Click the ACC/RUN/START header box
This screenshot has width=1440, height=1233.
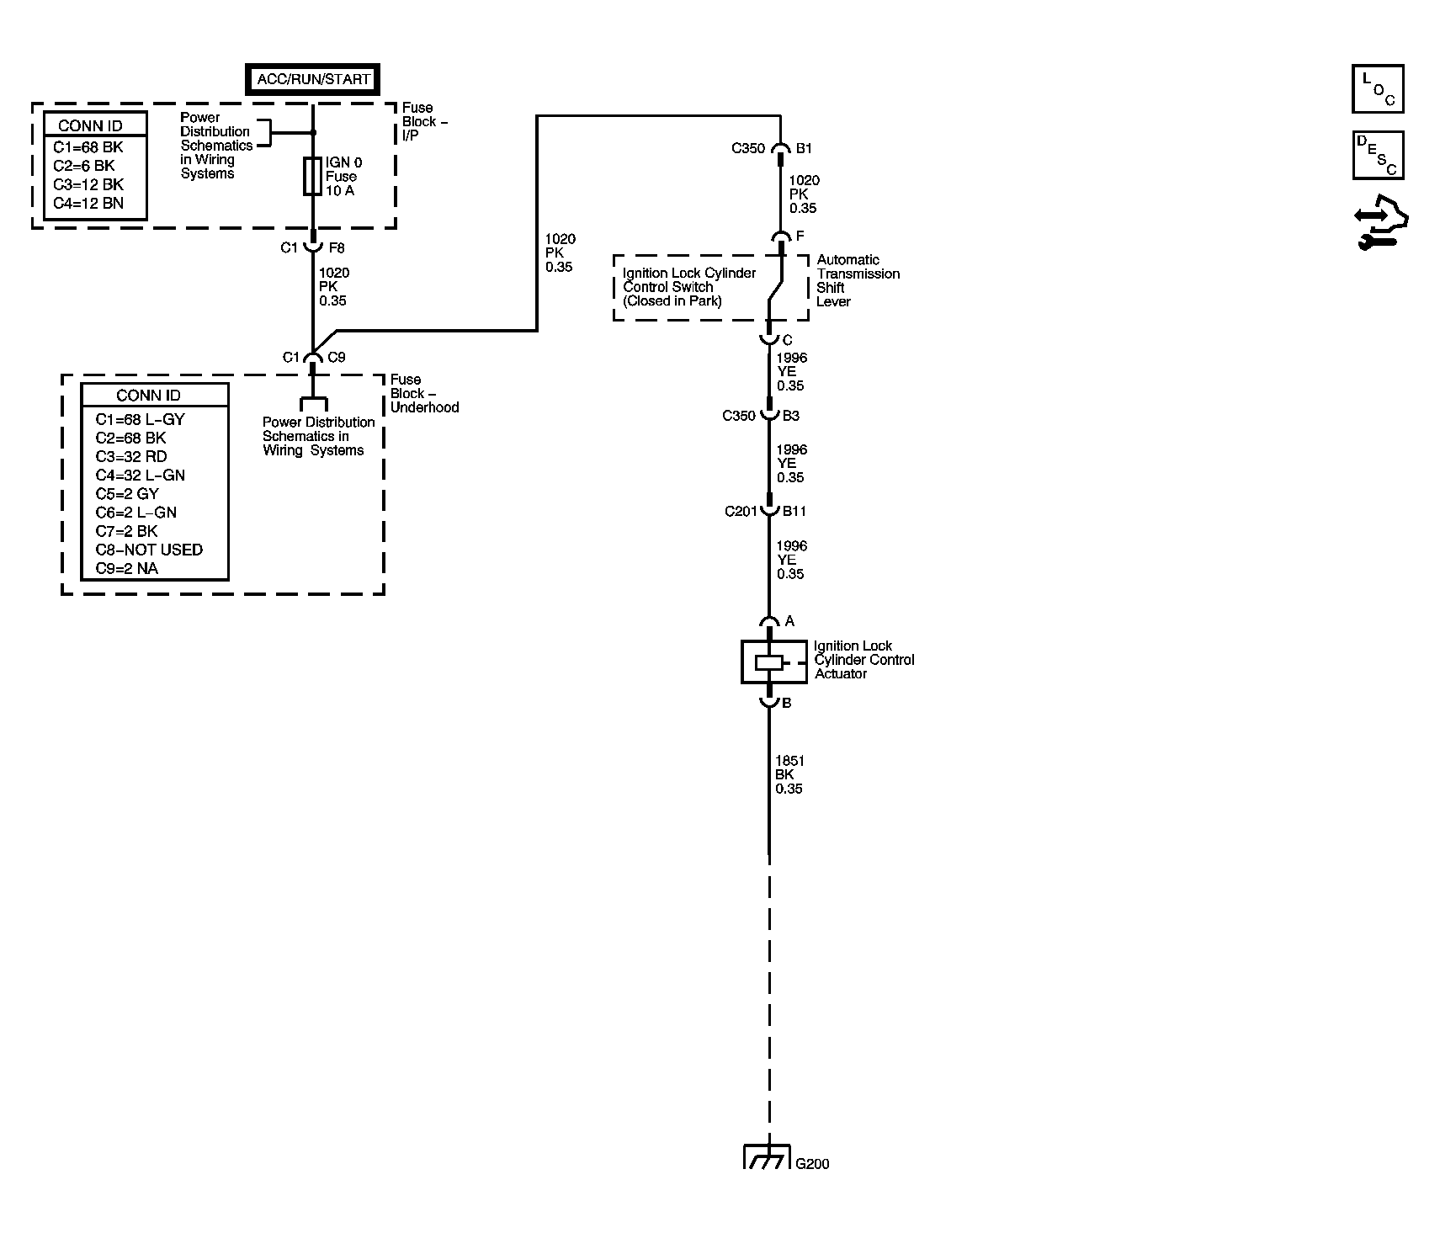[312, 79]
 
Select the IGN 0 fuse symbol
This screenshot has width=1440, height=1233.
[312, 176]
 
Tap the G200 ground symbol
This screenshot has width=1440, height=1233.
[768, 1156]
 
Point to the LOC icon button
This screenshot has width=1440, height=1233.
[1378, 88]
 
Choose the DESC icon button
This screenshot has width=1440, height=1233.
[1378, 155]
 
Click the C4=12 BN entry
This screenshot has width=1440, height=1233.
[88, 203]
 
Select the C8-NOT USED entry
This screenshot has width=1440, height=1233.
[149, 550]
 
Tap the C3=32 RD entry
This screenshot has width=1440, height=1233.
[131, 456]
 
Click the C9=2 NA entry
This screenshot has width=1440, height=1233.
[127, 568]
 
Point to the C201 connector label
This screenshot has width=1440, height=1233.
[741, 511]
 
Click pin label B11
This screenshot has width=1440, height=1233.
[794, 511]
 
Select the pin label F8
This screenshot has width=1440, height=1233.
[336, 248]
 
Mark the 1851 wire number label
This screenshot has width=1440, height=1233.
[789, 761]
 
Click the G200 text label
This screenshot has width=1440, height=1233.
[812, 1164]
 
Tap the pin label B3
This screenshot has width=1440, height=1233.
[791, 416]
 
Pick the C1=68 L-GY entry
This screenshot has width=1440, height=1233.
[140, 419]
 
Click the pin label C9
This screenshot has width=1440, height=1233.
[336, 357]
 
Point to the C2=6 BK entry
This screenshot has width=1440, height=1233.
[84, 166]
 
